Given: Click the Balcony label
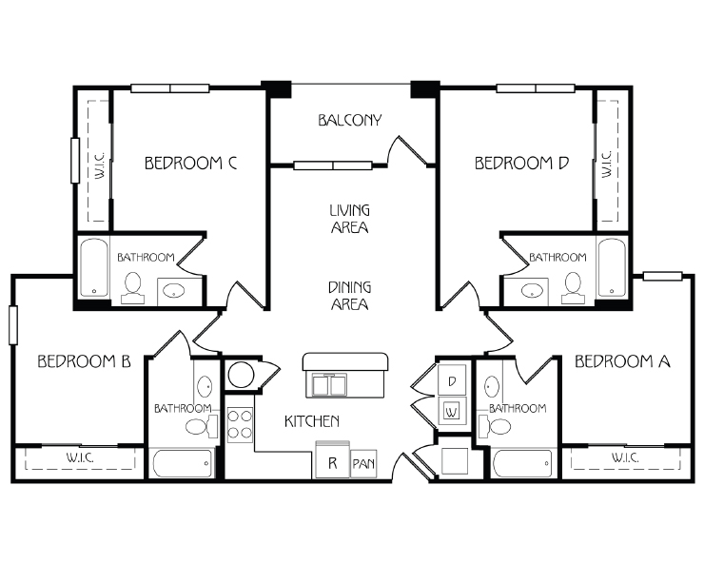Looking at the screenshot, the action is (x=350, y=121).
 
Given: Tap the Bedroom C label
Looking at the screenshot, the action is (x=191, y=163).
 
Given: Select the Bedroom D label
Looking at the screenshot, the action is (x=521, y=163).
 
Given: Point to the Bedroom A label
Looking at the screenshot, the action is (x=622, y=361).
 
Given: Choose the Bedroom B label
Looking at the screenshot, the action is (x=84, y=361).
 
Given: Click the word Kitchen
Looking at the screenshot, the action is (x=312, y=421).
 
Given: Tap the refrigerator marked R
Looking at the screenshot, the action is (x=333, y=459).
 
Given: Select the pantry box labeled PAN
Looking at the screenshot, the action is (x=363, y=463).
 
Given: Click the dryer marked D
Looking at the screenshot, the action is (x=452, y=380).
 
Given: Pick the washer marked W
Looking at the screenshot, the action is (x=452, y=411).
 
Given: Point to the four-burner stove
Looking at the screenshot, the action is (x=240, y=425).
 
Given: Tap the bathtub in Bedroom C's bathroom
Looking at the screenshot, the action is (x=94, y=267).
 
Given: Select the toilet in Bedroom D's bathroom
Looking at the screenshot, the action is (x=573, y=288).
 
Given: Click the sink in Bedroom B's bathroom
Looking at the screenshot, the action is (x=205, y=386).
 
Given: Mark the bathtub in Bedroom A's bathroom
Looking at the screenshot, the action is (x=522, y=464).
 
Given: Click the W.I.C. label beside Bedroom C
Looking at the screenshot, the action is (x=100, y=165).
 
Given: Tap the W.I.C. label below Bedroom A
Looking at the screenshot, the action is (x=625, y=457).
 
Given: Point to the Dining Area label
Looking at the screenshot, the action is (x=350, y=296).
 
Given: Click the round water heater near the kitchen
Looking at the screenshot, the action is (x=241, y=375).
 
